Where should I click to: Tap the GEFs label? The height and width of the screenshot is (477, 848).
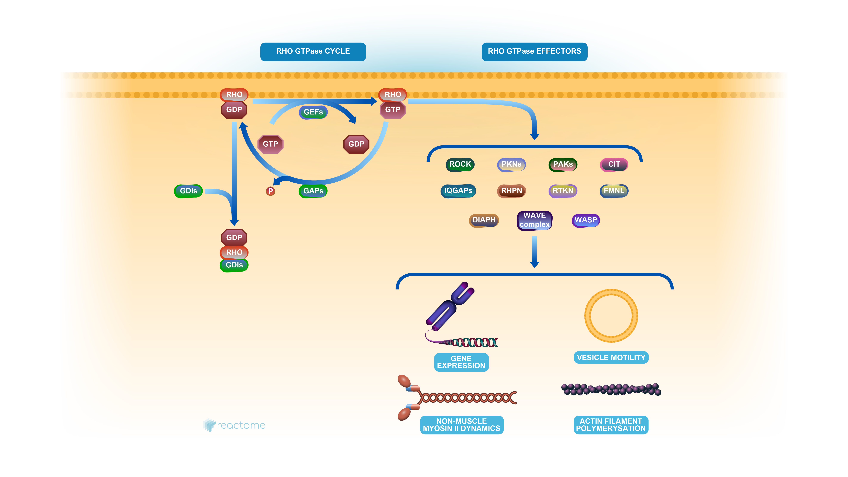(313, 112)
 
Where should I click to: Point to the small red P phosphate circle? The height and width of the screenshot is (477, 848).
(270, 191)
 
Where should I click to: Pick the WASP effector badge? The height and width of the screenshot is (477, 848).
(586, 220)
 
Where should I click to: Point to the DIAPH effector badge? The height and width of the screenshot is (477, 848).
(484, 220)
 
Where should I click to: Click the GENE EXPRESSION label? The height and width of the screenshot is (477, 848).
(461, 362)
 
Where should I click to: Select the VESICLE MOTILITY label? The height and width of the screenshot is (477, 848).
(611, 357)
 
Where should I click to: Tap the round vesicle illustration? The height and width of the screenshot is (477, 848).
(611, 316)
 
